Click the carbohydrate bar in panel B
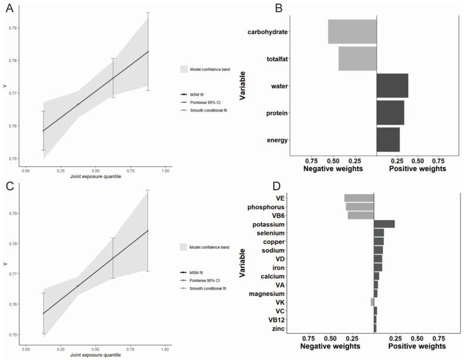point(352,32)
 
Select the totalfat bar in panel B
point(357,59)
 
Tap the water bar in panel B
point(392,86)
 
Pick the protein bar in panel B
point(390,113)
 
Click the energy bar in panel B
point(388,140)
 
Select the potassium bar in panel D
point(384,224)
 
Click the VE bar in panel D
point(359,198)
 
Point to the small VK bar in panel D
point(372,302)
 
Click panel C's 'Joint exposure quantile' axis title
point(95,355)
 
